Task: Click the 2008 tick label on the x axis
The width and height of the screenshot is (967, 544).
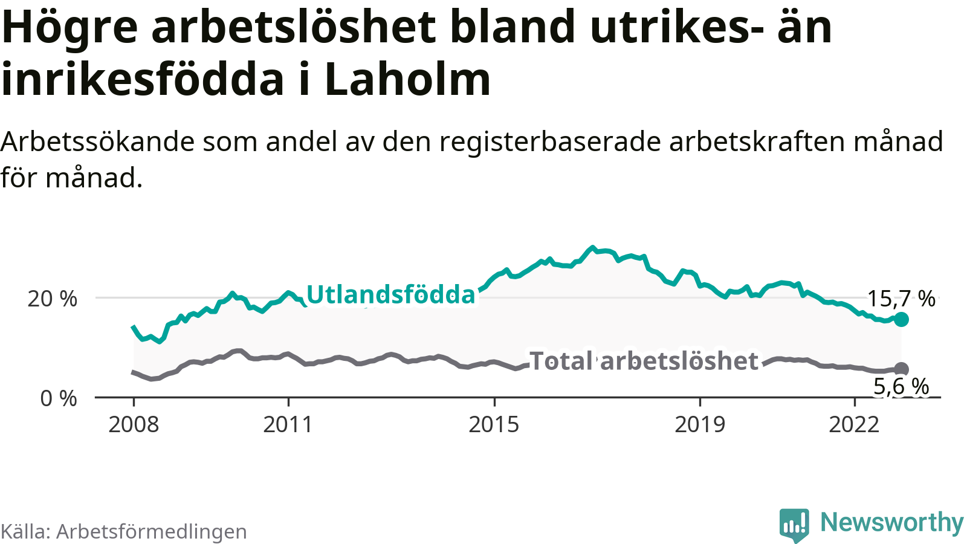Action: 134,425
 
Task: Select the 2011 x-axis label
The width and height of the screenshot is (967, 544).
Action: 288,425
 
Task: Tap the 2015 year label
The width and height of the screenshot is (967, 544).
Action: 494,425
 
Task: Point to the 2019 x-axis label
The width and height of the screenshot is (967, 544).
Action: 700,425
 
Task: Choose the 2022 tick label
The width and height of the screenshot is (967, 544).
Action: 854,425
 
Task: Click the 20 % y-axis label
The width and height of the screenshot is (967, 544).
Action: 53,299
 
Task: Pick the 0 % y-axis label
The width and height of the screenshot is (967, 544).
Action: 59,399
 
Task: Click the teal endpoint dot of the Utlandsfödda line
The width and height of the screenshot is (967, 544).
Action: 901,319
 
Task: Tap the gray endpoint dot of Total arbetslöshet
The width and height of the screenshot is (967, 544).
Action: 901,369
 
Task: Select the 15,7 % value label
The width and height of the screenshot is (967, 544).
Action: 901,299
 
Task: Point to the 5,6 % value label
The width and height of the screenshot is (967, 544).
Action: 901,387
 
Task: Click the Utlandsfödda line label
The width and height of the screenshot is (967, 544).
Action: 391,295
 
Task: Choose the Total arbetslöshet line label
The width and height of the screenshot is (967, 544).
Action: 644,361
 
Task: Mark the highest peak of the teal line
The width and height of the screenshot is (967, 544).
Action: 592,248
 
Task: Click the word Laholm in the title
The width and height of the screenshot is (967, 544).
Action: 408,80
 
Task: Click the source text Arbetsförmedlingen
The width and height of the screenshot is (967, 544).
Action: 151,532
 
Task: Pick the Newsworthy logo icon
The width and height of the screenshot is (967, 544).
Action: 794,525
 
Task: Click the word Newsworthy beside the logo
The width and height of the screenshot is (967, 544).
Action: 891,523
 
